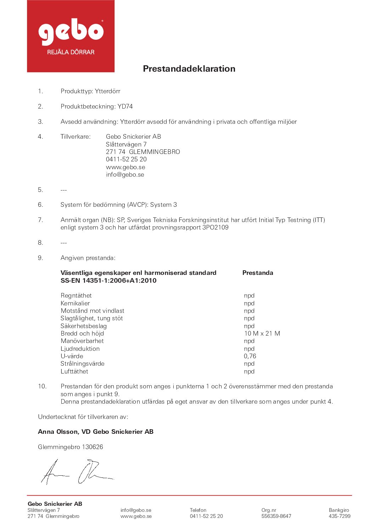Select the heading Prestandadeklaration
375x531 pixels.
(x=189, y=69)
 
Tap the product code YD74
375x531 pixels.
(x=125, y=106)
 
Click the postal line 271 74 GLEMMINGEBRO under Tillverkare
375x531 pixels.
(x=143, y=152)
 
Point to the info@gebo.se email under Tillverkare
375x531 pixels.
(x=125, y=175)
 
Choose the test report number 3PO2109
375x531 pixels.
(x=215, y=227)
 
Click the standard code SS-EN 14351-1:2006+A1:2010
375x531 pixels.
(x=108, y=281)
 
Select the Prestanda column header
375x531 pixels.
(x=258, y=273)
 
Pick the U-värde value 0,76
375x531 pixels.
(x=250, y=356)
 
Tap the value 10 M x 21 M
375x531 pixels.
(x=262, y=333)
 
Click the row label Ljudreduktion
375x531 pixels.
(x=80, y=349)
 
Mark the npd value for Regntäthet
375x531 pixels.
(x=249, y=295)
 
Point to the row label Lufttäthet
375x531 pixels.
(x=74, y=371)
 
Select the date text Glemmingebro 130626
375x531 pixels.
(x=71, y=447)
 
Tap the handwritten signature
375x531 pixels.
(x=77, y=472)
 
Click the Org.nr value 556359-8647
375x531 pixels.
(x=276, y=516)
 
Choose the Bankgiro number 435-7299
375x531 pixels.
(x=339, y=516)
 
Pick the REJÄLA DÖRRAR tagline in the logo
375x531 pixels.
(x=71, y=52)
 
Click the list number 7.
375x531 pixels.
(x=40, y=220)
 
